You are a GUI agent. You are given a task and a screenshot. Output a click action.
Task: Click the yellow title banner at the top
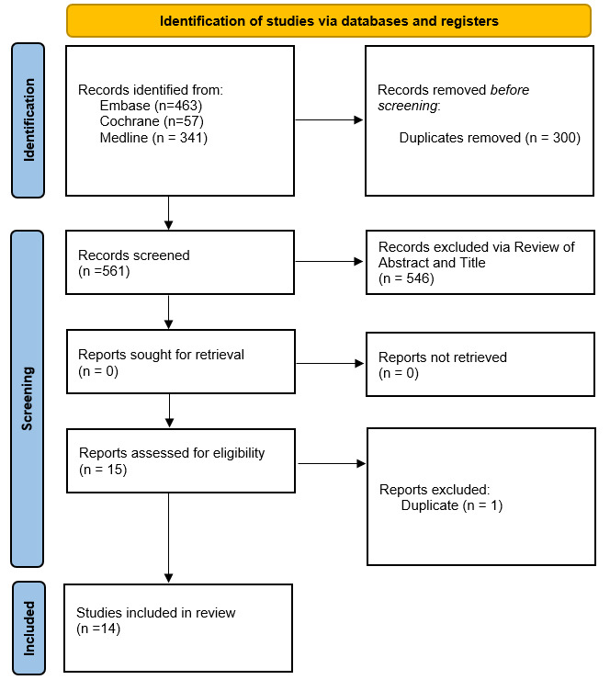coord(329,21)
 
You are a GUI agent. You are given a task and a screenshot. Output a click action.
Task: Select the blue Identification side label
coord(28,120)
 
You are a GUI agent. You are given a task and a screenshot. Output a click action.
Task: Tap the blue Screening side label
coord(28,399)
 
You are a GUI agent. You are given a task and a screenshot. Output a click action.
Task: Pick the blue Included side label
coord(28,628)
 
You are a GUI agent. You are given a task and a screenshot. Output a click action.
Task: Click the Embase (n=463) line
coord(151,106)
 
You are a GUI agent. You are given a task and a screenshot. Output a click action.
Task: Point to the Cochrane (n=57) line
coord(152,121)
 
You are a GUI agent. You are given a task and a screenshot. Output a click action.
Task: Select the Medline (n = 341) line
coord(153,138)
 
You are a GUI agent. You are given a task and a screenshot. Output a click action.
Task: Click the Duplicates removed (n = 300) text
coord(490,138)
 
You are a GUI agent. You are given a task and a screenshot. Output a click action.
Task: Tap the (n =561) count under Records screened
coord(104,271)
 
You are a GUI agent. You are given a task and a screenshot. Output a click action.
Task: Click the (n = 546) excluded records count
coord(406,278)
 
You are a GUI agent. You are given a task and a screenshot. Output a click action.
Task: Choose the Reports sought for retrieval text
coord(161,355)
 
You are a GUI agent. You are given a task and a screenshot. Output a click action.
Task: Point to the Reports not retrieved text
coord(443,357)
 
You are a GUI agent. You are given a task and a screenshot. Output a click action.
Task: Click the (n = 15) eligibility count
coord(103,470)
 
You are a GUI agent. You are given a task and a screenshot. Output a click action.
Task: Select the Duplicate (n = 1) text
coord(452,505)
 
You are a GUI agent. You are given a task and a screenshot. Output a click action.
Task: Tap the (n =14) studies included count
coord(98,629)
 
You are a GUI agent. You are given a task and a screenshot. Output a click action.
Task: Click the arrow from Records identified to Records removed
coord(329,119)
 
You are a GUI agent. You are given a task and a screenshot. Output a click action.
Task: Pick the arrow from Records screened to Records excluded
coord(329,261)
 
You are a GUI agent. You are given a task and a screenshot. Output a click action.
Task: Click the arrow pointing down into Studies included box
coord(169,538)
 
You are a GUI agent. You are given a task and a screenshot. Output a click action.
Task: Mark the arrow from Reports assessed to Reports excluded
coord(332,464)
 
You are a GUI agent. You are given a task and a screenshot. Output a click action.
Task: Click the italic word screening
coord(408,106)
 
